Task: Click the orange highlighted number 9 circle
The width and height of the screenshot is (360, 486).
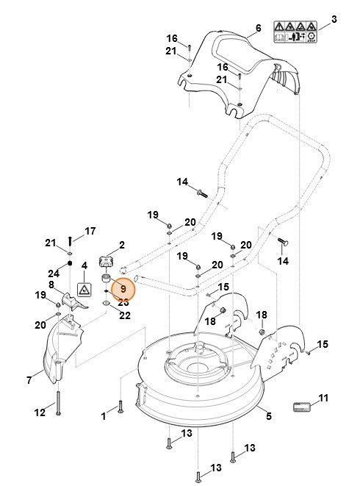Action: [123, 290]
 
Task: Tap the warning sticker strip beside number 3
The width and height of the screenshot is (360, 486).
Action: [295, 31]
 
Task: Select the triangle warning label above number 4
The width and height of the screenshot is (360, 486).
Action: [84, 290]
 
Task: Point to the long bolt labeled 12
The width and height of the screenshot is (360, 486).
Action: [57, 404]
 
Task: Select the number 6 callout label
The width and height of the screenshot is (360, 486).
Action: [258, 29]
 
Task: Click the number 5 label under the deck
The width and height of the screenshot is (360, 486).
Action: [269, 416]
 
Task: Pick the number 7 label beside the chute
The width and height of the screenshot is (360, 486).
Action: [29, 380]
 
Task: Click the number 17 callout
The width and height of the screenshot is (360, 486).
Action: [90, 231]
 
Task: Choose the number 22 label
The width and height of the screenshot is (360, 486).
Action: [125, 315]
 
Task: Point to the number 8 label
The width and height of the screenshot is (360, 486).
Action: [51, 285]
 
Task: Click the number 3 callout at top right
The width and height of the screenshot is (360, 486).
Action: [334, 18]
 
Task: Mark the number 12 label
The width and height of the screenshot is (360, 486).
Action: [40, 412]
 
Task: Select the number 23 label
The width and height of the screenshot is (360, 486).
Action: [123, 302]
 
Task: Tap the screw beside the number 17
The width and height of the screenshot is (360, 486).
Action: [70, 239]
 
